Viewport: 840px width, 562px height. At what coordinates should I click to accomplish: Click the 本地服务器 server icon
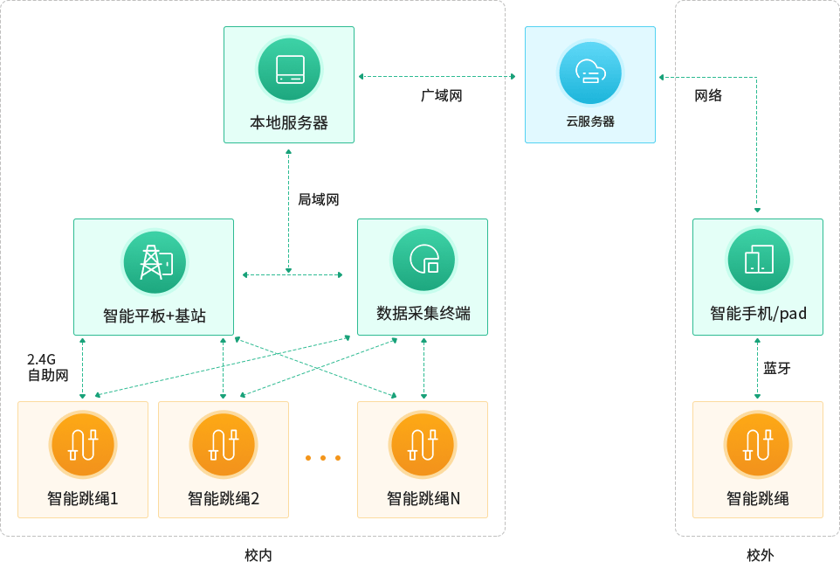tap(289, 69)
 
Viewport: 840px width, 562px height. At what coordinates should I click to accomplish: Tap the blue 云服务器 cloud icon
tap(590, 73)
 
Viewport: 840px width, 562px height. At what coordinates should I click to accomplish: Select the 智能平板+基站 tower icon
tap(155, 261)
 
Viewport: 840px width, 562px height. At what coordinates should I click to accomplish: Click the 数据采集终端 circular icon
tap(423, 260)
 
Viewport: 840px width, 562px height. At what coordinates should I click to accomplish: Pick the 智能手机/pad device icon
tap(758, 260)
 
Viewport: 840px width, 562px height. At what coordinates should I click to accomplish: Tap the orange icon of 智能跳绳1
tap(83, 444)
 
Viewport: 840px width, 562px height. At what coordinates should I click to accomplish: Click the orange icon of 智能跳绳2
tap(223, 444)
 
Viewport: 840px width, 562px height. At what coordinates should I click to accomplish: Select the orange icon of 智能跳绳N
tap(423, 444)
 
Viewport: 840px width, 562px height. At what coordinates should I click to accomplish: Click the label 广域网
tap(441, 96)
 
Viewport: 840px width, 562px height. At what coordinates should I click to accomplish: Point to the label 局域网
tap(318, 199)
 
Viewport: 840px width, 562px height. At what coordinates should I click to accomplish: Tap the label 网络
tap(708, 96)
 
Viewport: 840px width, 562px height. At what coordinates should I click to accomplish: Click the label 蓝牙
tap(777, 368)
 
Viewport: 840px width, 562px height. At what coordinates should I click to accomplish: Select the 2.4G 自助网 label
tap(46, 367)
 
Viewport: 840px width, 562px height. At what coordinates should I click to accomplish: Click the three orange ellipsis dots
tap(323, 458)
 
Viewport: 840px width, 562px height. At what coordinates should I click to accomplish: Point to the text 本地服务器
tap(289, 123)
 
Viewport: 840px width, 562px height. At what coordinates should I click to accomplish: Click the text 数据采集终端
tap(423, 313)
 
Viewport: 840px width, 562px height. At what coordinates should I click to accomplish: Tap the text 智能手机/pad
tap(758, 313)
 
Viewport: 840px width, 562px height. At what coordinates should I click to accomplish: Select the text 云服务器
tap(590, 122)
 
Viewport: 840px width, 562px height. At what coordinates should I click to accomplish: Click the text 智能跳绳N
tap(423, 499)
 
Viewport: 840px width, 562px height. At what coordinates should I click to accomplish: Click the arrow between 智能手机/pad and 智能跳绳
tap(757, 368)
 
